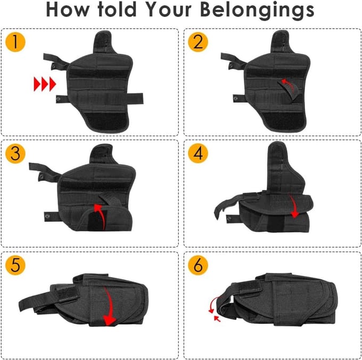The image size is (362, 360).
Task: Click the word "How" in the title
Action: [x=68, y=10]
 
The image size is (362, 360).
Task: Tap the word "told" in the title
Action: [x=117, y=10]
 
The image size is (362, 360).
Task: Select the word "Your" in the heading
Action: [x=169, y=10]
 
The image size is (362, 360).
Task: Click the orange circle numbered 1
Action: [x=15, y=42]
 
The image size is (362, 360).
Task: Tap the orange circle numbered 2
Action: [x=198, y=42]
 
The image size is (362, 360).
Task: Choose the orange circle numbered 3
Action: [x=15, y=153]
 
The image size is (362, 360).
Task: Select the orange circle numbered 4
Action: [x=198, y=153]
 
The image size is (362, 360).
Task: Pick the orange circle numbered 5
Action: [x=15, y=265]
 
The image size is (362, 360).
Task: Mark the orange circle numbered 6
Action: [x=198, y=265]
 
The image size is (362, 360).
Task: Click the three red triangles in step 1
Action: [x=45, y=84]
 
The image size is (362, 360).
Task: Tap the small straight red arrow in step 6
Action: [x=217, y=319]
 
